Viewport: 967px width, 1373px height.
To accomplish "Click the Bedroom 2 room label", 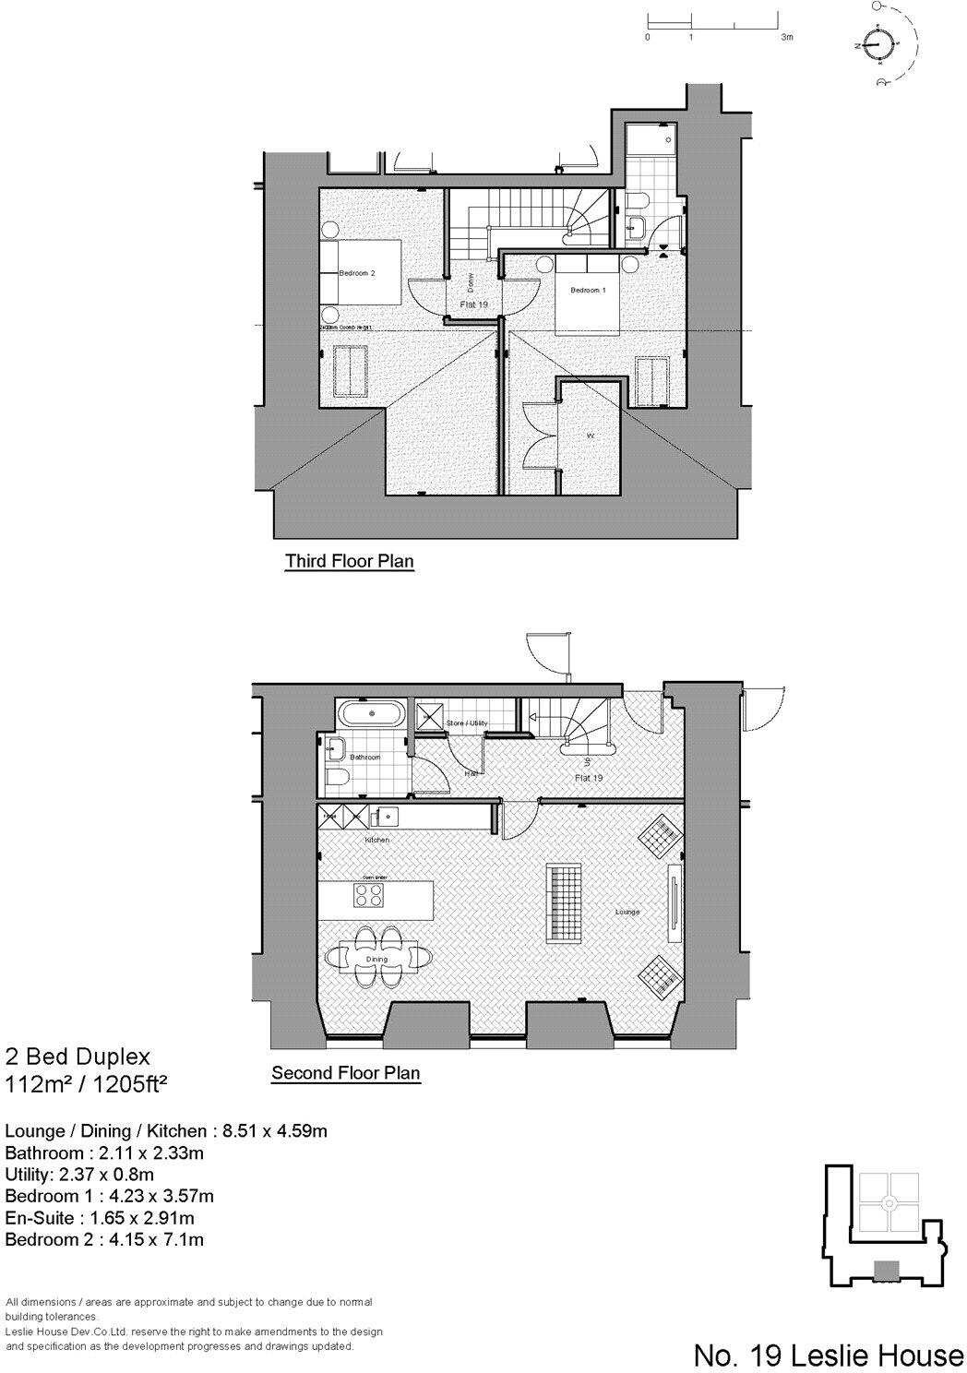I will [x=357, y=273].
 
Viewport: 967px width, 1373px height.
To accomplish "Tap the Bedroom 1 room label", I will [x=588, y=290].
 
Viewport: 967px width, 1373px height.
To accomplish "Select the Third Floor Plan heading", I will [x=349, y=561].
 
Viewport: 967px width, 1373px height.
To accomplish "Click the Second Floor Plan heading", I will [x=345, y=1073].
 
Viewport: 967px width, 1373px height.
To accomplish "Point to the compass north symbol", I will [x=880, y=44].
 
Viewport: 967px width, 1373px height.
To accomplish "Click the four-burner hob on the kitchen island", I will [x=370, y=895].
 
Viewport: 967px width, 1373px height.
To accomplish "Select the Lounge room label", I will [x=627, y=912].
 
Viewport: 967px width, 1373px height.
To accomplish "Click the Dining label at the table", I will [x=376, y=959].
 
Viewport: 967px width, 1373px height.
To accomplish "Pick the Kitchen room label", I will [x=376, y=840].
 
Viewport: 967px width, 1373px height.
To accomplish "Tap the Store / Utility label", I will [x=466, y=722].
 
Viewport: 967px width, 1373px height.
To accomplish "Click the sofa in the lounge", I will [x=565, y=902].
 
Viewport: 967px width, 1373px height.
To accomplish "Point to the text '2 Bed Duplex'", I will [x=78, y=1056].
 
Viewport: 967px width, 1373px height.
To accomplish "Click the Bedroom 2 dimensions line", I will [x=104, y=1239].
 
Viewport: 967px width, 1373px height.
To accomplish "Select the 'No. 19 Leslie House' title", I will [x=828, y=1355].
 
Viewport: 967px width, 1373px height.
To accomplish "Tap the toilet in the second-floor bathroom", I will [x=337, y=777].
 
